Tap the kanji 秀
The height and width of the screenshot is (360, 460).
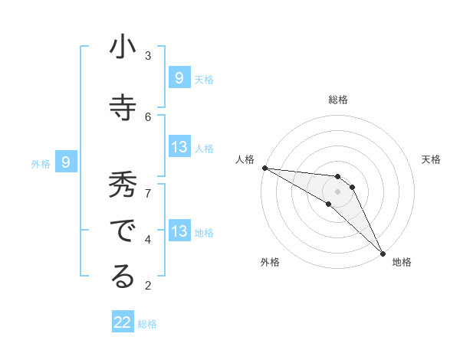tap(123, 186)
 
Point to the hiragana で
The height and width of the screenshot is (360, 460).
tap(123, 231)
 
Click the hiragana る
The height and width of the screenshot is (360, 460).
tap(123, 277)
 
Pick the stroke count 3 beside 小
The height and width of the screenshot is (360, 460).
tap(148, 55)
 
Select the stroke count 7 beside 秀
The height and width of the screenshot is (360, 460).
tap(148, 191)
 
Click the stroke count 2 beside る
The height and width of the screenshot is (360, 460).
tap(148, 286)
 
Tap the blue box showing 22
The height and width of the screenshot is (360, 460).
tap(123, 322)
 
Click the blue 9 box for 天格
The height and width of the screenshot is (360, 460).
tap(179, 78)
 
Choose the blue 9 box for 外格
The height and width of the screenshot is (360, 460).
tap(66, 162)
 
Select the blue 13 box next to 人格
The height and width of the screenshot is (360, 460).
tap(179, 147)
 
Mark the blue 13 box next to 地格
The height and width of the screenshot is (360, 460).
tap(179, 231)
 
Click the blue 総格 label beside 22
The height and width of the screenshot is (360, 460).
tap(148, 324)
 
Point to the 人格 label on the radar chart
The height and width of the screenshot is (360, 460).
tap(245, 159)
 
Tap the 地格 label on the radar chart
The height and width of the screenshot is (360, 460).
tap(402, 262)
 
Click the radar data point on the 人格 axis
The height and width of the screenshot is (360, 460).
tap(264, 168)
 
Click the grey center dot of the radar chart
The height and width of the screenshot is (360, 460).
tap(337, 191)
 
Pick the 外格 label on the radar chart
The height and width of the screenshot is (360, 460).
tap(270, 262)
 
